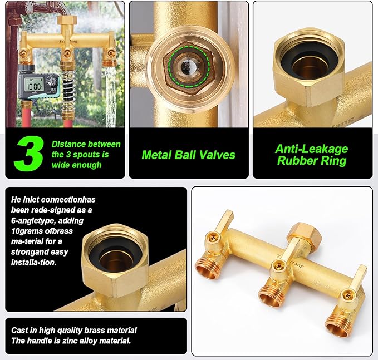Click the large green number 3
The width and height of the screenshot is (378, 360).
pyautogui.click(x=29, y=153)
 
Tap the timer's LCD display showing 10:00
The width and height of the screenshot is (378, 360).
pyautogui.click(x=34, y=85)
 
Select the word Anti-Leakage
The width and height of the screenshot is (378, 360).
pyautogui.click(x=311, y=150)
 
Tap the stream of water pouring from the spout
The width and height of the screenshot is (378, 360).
pyautogui.click(x=110, y=97)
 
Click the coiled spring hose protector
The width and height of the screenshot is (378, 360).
pyautogui.click(x=68, y=93)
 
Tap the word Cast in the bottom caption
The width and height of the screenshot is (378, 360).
pyautogui.click(x=19, y=330)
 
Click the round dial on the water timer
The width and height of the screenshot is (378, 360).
pyautogui.click(x=52, y=81)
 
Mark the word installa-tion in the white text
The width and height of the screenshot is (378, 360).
pyautogui.click(x=34, y=262)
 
